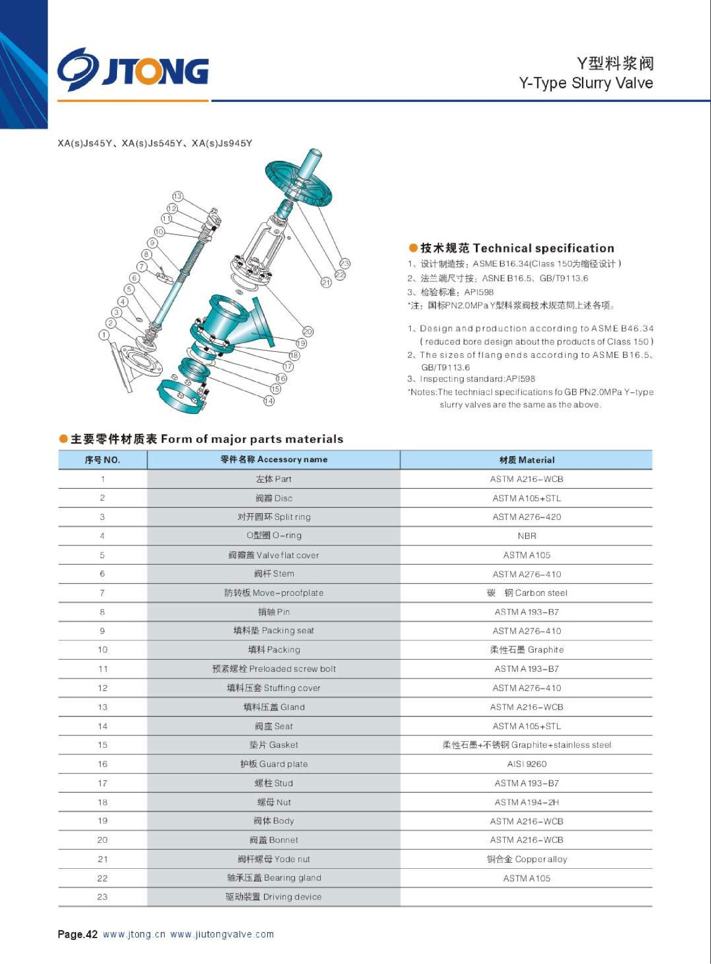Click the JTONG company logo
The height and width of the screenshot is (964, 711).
pyautogui.click(x=133, y=70)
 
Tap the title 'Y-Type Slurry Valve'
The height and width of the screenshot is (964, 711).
pyautogui.click(x=586, y=83)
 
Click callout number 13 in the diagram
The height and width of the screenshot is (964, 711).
pyautogui.click(x=177, y=196)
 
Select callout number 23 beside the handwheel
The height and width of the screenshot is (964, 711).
pyautogui.click(x=344, y=263)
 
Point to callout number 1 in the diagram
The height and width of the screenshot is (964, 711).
pyautogui.click(x=104, y=335)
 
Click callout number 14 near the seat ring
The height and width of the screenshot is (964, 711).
pyautogui.click(x=269, y=401)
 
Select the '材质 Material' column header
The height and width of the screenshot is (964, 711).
pyautogui.click(x=526, y=460)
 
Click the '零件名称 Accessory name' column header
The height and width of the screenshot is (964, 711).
pyautogui.click(x=274, y=460)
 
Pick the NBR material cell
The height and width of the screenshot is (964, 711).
pyautogui.click(x=526, y=536)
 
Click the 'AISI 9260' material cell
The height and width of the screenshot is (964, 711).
pyautogui.click(x=526, y=764)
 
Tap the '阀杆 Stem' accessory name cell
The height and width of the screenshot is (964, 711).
pyautogui.click(x=274, y=574)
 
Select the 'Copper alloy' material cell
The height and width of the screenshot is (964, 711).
pyautogui.click(x=526, y=859)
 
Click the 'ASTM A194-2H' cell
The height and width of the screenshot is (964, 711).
pyautogui.click(x=526, y=802)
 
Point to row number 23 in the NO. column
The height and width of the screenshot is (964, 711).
pyautogui.click(x=103, y=897)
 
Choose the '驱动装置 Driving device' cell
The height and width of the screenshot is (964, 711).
pyautogui.click(x=274, y=897)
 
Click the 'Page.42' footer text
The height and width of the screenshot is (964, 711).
pyautogui.click(x=77, y=934)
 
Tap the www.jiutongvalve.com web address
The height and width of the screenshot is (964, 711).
pyautogui.click(x=222, y=934)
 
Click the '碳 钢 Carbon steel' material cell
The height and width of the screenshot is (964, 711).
pyautogui.click(x=526, y=593)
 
